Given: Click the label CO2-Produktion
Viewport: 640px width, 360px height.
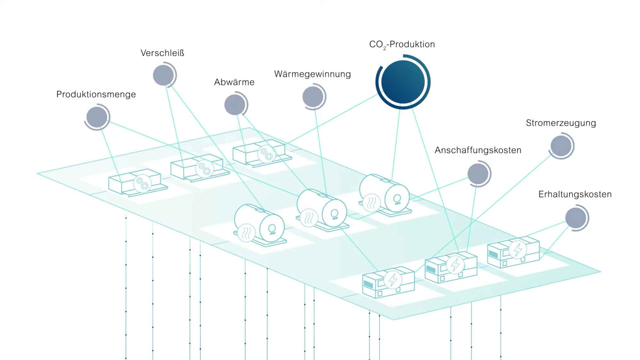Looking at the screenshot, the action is pyautogui.click(x=402, y=44).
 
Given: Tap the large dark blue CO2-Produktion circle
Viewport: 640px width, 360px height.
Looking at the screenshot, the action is pyautogui.click(x=403, y=82).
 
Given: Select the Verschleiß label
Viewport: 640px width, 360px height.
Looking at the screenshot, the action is pyautogui.click(x=162, y=53).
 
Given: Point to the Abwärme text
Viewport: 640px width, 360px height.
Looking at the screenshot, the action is pyautogui.click(x=234, y=82).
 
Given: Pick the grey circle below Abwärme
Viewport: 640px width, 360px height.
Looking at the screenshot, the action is pyautogui.click(x=235, y=105).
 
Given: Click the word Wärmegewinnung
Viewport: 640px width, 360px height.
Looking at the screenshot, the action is pyautogui.click(x=312, y=74).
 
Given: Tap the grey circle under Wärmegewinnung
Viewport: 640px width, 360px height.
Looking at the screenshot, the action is pyautogui.click(x=313, y=97).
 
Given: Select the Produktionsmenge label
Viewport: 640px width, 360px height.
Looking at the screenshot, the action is pyautogui.click(x=96, y=94).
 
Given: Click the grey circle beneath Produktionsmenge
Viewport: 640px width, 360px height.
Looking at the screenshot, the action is pyautogui.click(x=97, y=117).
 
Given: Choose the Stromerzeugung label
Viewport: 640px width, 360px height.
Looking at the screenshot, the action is pyautogui.click(x=561, y=123).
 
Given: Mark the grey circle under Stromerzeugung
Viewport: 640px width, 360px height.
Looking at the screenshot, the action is pyautogui.click(x=561, y=146).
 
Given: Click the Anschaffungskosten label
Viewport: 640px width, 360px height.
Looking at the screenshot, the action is pyautogui.click(x=478, y=150).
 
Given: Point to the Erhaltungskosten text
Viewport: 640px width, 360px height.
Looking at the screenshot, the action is pyautogui.click(x=575, y=194).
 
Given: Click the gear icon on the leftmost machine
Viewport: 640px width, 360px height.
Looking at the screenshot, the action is pyautogui.click(x=142, y=183).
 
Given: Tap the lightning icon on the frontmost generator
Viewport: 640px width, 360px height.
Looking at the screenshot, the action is pyautogui.click(x=393, y=280).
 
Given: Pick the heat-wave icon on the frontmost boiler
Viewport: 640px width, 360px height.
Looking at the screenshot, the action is pyautogui.click(x=246, y=233).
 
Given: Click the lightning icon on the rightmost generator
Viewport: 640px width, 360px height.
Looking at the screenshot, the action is pyautogui.click(x=517, y=250).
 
